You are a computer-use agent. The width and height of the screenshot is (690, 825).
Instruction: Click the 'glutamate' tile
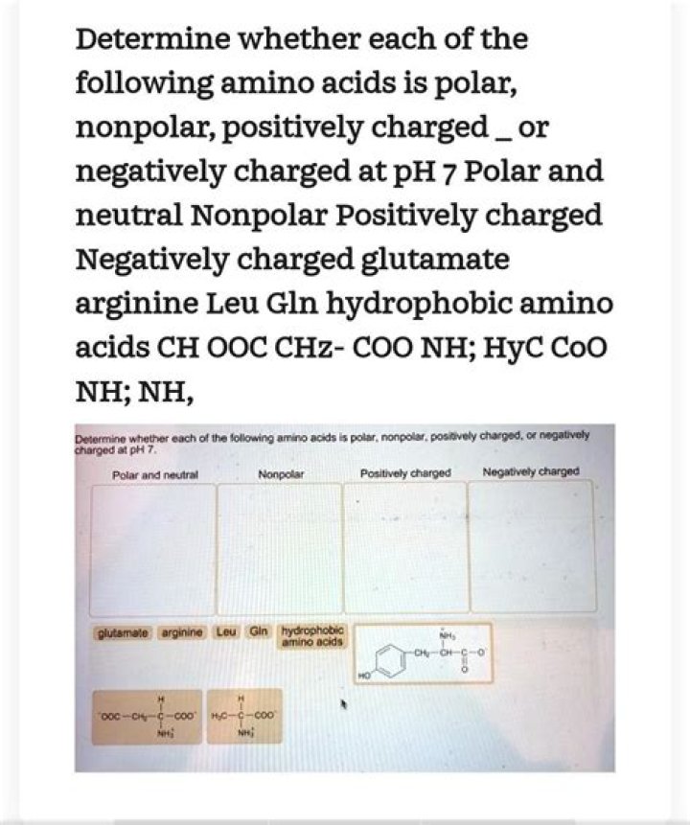coord(121,634)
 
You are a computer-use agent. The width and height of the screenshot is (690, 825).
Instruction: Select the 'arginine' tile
coord(179,634)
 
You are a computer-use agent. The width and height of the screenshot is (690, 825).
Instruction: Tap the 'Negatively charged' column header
coord(531,471)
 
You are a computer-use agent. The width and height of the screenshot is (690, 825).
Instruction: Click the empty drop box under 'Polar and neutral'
coord(152,546)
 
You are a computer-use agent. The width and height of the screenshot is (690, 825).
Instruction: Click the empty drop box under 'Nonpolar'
coord(279,546)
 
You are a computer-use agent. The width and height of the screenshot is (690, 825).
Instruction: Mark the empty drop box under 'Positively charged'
coord(404,546)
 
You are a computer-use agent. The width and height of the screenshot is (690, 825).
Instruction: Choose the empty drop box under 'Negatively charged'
coord(530,546)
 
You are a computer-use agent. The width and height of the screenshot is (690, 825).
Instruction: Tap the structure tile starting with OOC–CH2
coord(148,716)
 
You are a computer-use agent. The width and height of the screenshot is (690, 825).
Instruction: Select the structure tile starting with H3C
coord(245,716)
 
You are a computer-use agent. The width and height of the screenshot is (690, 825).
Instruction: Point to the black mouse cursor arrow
coord(343,706)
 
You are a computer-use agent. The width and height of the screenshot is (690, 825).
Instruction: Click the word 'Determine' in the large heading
coord(149,40)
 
